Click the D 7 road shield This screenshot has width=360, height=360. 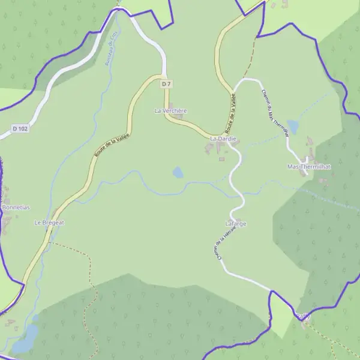167,85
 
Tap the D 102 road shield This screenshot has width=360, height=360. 20,128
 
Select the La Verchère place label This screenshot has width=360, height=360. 171,111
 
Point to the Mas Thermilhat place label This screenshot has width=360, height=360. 309,166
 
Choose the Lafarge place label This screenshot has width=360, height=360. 236,224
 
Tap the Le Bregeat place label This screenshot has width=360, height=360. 49,223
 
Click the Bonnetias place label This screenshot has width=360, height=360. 16,208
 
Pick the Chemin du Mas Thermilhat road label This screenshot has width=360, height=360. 275,114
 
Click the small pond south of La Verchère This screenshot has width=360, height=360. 178,173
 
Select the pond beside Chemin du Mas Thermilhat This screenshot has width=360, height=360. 293,125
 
